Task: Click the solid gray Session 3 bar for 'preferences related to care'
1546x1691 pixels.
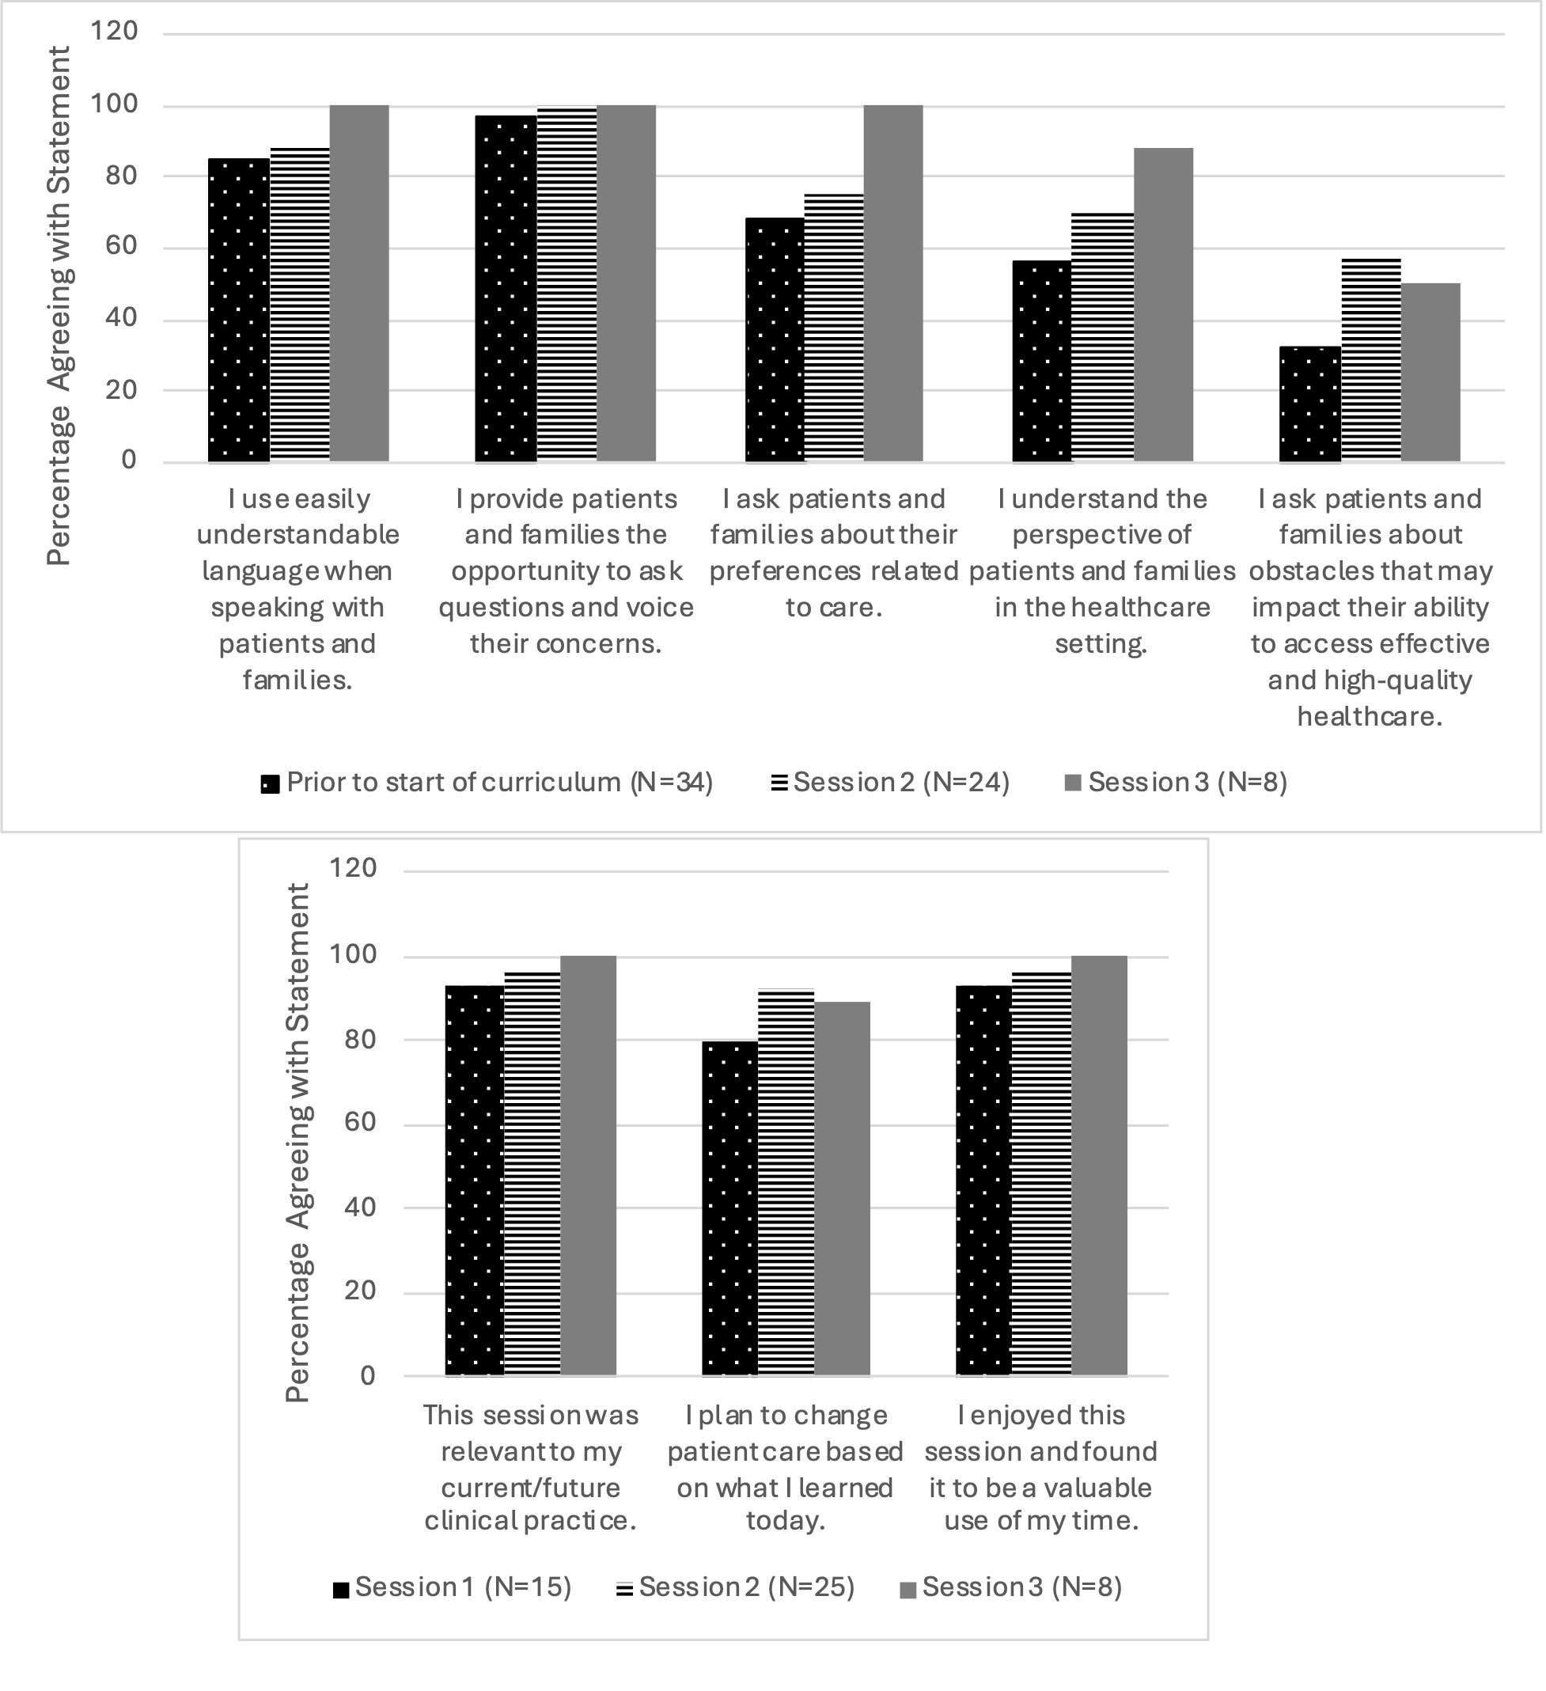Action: click(x=893, y=283)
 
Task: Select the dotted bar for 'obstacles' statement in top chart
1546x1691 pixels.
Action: click(x=1309, y=404)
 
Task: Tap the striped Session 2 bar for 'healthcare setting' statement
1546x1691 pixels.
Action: click(x=1102, y=337)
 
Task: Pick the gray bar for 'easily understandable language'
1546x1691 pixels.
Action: click(x=359, y=283)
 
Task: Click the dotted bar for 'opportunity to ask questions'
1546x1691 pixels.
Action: click(x=506, y=289)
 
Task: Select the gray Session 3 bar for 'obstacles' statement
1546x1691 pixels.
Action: click(x=1430, y=373)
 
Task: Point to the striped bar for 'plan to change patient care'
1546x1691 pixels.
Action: click(x=786, y=1183)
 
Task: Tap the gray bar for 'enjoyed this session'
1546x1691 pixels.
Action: click(x=1099, y=1166)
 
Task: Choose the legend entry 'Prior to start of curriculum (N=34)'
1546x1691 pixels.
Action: click(x=487, y=783)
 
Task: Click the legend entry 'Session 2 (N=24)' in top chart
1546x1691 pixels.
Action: click(x=890, y=783)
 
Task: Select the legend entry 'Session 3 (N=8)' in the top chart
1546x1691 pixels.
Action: click(x=1176, y=783)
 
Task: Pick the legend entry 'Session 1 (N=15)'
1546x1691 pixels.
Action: click(x=452, y=1588)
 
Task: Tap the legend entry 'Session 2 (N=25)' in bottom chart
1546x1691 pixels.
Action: click(x=736, y=1588)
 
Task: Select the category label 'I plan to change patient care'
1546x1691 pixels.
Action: click(x=785, y=1468)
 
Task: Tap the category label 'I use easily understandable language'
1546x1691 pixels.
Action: click(x=297, y=589)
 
